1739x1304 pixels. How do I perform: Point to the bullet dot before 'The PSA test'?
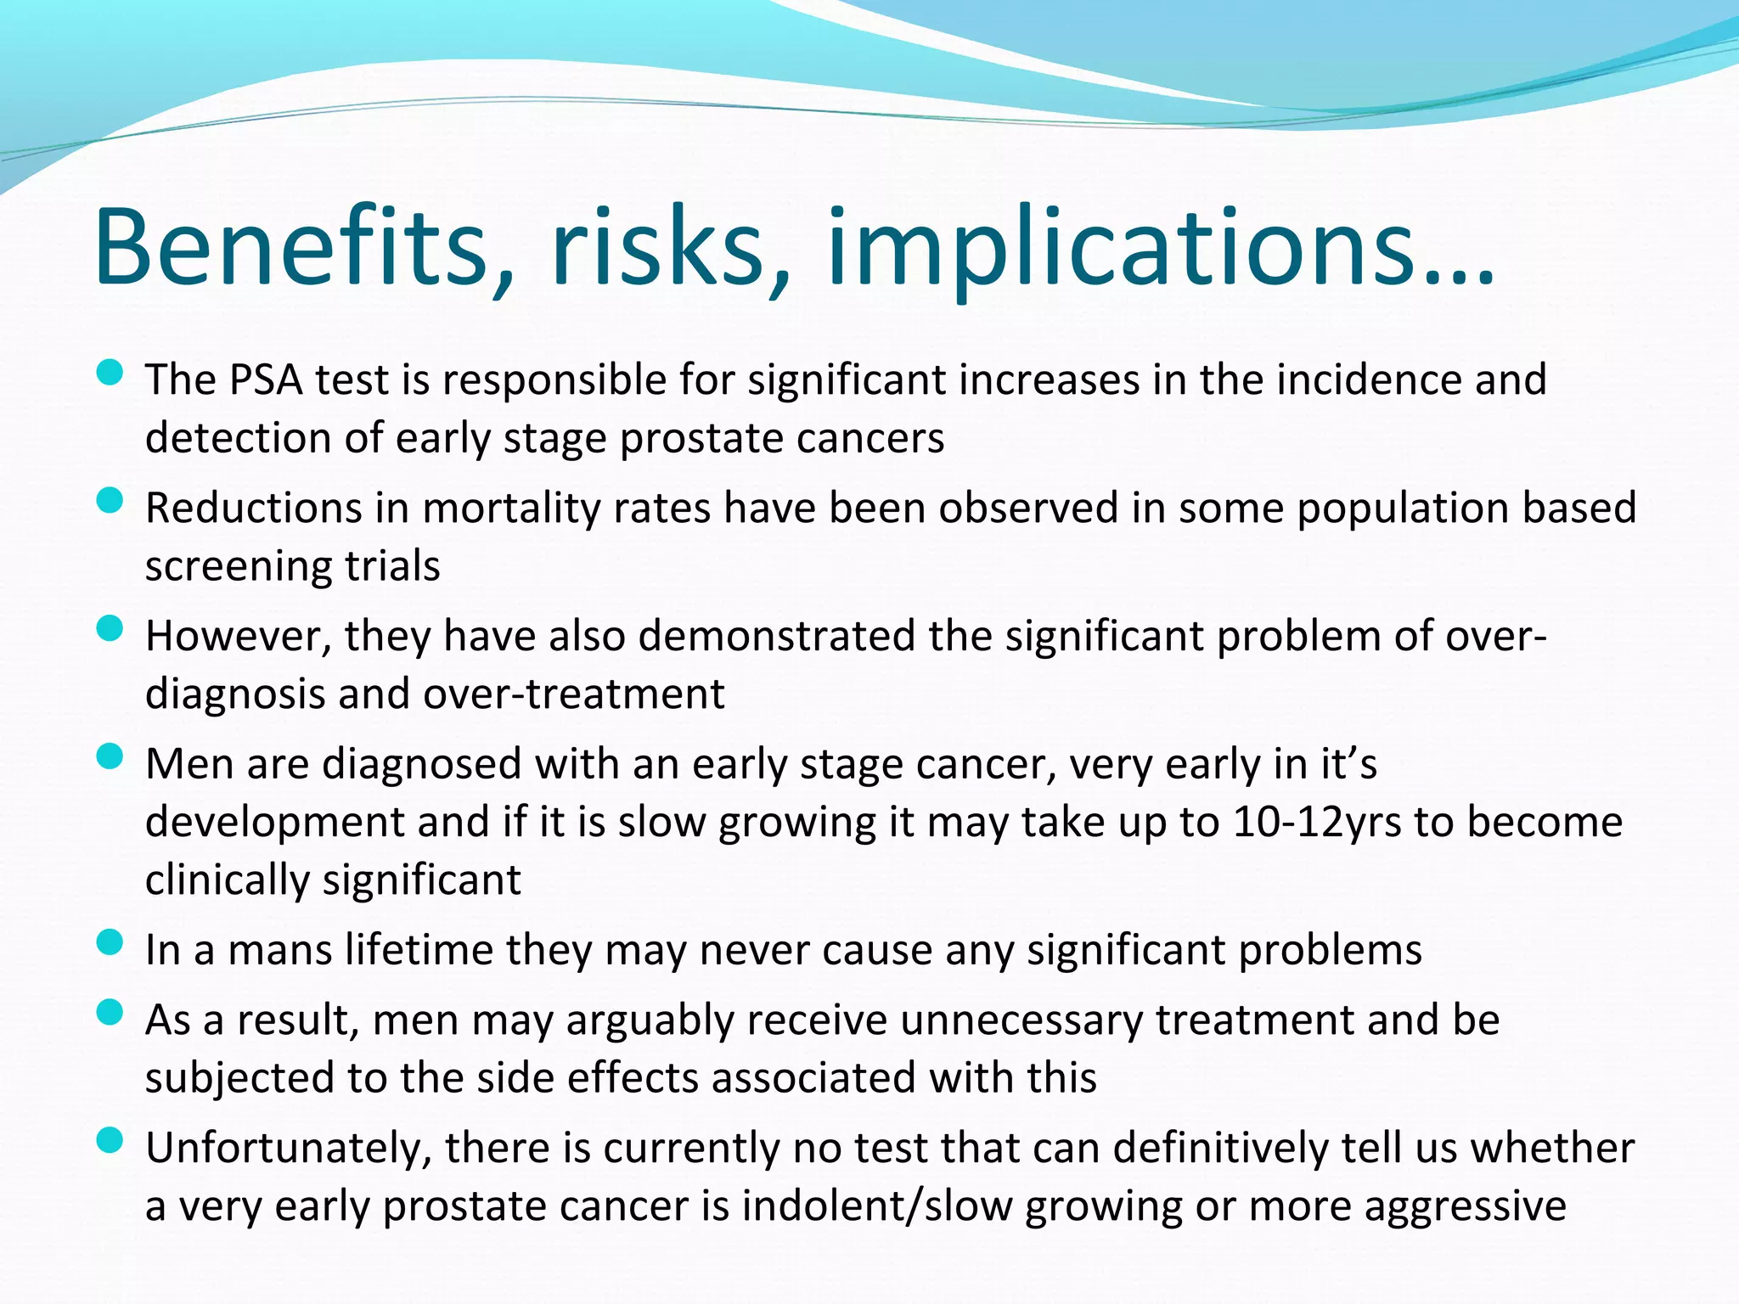(110, 372)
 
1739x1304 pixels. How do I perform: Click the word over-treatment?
(574, 694)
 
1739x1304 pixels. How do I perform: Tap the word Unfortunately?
(289, 1149)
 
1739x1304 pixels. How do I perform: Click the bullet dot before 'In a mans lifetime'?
(110, 941)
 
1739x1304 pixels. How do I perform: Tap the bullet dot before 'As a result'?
(110, 1012)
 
